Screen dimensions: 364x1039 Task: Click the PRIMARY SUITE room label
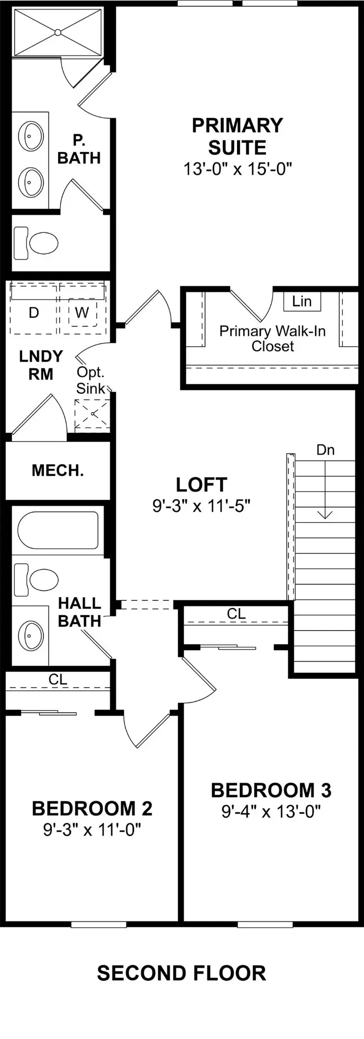238,136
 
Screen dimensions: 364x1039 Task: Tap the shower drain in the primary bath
58,32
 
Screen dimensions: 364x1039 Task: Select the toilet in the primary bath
36,243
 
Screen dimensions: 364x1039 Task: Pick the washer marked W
82,313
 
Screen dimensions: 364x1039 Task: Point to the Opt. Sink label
90,380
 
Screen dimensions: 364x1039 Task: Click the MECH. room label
58,470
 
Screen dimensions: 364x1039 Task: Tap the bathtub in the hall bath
58,530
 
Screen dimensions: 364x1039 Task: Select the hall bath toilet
36,580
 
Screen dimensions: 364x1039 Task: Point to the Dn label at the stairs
326,450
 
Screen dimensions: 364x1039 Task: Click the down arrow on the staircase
326,490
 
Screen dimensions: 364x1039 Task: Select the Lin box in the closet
302,301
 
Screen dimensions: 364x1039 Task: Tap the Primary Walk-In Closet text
273,339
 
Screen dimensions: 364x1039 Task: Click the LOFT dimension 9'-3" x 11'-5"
202,506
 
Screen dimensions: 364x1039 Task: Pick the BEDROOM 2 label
92,809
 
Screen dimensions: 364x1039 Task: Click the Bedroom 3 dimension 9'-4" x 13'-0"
271,812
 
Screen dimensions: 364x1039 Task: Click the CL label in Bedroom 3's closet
237,614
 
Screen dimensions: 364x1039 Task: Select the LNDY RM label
41,365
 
